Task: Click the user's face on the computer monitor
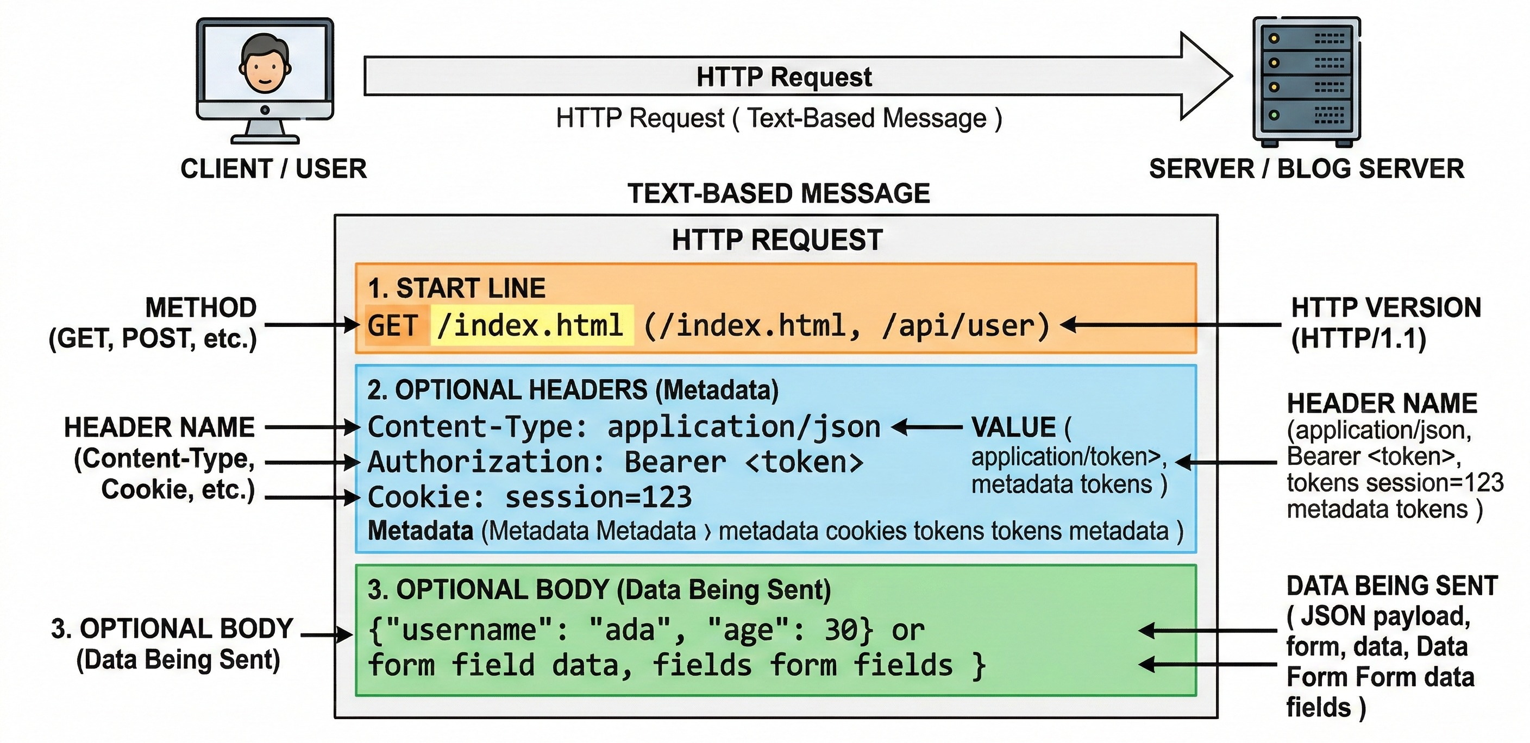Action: click(x=265, y=65)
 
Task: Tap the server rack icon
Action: click(x=1306, y=81)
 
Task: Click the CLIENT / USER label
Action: click(x=274, y=169)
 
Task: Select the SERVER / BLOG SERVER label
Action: click(x=1306, y=169)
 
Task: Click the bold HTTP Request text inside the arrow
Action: click(x=783, y=77)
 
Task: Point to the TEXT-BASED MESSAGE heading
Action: click(x=778, y=193)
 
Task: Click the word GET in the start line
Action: click(x=393, y=326)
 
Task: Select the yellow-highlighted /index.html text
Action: click(x=530, y=325)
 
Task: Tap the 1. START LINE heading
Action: click(x=456, y=288)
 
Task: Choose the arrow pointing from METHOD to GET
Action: click(x=312, y=325)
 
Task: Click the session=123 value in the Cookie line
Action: click(x=598, y=497)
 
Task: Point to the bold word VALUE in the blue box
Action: click(x=1013, y=427)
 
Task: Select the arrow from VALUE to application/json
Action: click(x=926, y=427)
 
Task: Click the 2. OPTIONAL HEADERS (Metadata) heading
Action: click(x=573, y=390)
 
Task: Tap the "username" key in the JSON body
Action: click(x=469, y=629)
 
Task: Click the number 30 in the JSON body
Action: click(x=842, y=629)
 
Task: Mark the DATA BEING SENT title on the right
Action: click(x=1391, y=586)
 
